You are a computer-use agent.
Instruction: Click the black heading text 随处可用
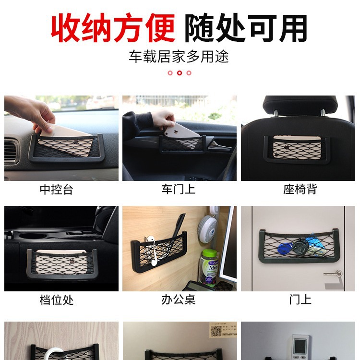[x=246, y=27]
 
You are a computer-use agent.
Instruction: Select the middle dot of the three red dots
[x=180, y=73]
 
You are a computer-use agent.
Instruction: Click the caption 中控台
[x=56, y=189]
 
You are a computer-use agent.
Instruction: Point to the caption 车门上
[x=178, y=189]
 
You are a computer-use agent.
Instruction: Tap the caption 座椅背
[x=300, y=189]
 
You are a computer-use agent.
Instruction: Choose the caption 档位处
[x=56, y=300]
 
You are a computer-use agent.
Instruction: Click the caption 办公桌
[x=178, y=300]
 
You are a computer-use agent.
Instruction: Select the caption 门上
[x=300, y=300]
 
